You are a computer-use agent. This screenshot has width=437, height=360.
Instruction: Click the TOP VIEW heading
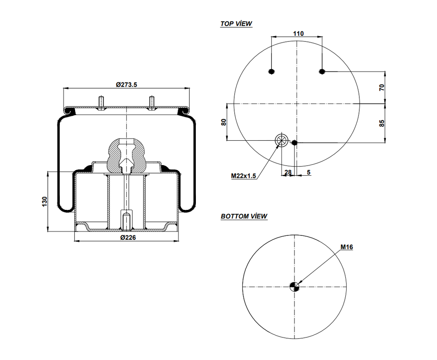(x=236, y=24)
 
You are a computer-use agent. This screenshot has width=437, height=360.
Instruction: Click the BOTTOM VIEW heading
(x=244, y=216)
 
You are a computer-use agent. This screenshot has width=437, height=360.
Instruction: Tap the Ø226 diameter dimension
(x=128, y=238)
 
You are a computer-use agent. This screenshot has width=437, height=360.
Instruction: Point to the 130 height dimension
(x=44, y=202)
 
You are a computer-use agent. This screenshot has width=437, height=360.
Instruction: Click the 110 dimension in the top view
(x=298, y=33)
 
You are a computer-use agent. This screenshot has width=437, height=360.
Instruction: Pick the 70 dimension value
(x=382, y=87)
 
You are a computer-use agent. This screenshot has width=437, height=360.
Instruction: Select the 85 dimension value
(x=382, y=123)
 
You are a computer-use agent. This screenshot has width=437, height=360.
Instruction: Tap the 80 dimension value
(x=223, y=122)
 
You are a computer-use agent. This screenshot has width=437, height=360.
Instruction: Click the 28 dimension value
(x=288, y=172)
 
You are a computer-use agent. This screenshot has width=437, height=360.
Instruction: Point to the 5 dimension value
(x=308, y=172)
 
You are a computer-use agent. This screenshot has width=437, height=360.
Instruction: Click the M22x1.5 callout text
(x=243, y=175)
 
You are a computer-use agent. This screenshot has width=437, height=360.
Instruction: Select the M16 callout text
(x=347, y=247)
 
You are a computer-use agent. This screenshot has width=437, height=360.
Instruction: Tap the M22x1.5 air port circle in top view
(x=281, y=140)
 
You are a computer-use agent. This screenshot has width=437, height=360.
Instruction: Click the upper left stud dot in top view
(x=271, y=71)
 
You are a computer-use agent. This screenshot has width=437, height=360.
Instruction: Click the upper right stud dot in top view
(x=322, y=71)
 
